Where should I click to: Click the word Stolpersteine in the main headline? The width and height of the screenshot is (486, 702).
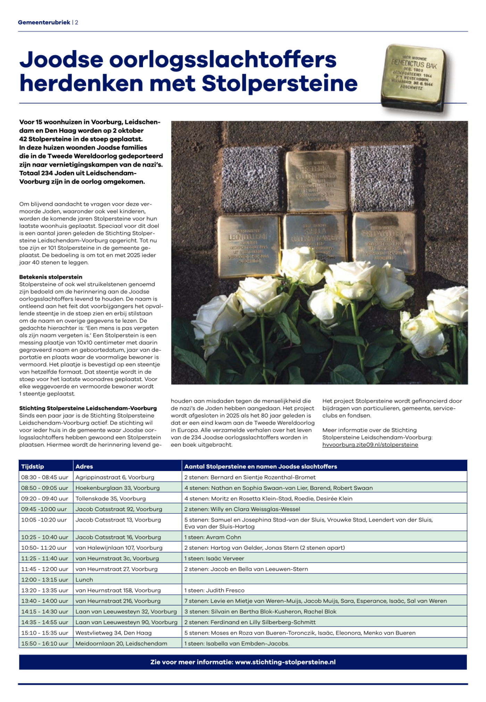coord(279,84)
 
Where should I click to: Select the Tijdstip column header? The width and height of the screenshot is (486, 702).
coord(33,466)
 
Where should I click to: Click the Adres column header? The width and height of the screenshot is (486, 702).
coord(84,466)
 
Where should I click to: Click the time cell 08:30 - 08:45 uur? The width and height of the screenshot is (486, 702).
coord(45,477)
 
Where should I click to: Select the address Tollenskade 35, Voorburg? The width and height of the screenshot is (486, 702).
coord(111,498)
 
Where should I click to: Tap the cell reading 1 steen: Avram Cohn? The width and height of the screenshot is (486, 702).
coord(212,537)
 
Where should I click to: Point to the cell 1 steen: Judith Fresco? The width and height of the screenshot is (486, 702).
coord(214,590)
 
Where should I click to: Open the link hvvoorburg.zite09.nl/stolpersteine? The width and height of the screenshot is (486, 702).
coord(370,445)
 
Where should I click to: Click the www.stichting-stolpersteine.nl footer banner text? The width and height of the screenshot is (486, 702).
coord(285,662)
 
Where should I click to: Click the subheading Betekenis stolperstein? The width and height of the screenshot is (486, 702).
coord(51,277)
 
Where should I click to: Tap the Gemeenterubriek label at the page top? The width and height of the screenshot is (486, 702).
coord(44,22)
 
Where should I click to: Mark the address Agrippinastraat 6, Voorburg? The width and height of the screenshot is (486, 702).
coord(115,477)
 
